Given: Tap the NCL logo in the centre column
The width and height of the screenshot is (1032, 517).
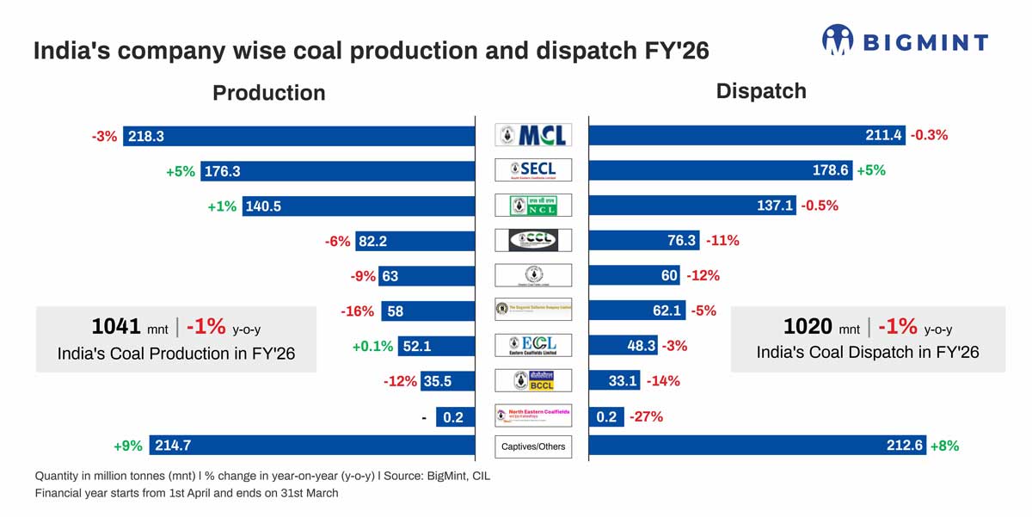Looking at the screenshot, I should click(533, 206).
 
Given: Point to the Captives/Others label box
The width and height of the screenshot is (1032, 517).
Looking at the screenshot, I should click(533, 446).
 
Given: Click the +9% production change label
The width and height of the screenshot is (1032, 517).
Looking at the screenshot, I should click(129, 446).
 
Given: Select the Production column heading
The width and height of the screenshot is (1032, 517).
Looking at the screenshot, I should click(268, 93).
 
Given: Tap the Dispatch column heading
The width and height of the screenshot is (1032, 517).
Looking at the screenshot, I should click(761, 91).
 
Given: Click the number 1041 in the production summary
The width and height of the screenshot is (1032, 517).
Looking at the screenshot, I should click(115, 327).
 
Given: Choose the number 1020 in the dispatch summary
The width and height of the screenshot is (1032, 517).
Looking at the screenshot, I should click(808, 327).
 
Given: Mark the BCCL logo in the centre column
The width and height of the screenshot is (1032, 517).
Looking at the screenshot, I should click(533, 381).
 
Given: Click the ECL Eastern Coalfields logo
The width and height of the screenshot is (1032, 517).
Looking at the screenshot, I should click(533, 345).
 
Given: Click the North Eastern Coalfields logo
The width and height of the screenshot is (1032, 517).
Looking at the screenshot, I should click(533, 415).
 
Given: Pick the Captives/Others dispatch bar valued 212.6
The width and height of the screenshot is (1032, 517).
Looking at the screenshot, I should click(758, 446).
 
